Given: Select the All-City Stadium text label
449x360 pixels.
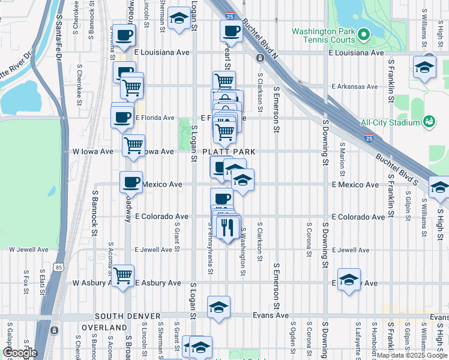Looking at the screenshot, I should coord(390,123).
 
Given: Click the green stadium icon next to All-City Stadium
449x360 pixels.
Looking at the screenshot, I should coord(429,122).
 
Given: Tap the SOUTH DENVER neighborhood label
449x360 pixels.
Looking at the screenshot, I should coord(127,316).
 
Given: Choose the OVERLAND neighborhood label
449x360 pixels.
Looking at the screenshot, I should coord(105,328).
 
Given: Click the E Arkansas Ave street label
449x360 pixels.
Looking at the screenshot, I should coord(355,86).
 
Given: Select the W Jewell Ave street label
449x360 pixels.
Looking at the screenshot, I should coord(28,250).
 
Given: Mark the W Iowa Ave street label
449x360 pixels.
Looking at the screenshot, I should coord(93,152).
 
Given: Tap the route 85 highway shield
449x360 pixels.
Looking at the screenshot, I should coord(58,266).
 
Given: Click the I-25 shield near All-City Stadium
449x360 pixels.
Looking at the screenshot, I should coord(369,138).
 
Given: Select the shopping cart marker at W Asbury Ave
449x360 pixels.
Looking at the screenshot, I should coord(123,276).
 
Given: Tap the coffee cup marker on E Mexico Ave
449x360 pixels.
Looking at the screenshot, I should coord(130,181).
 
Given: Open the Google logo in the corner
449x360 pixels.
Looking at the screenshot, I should coord(19,353).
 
